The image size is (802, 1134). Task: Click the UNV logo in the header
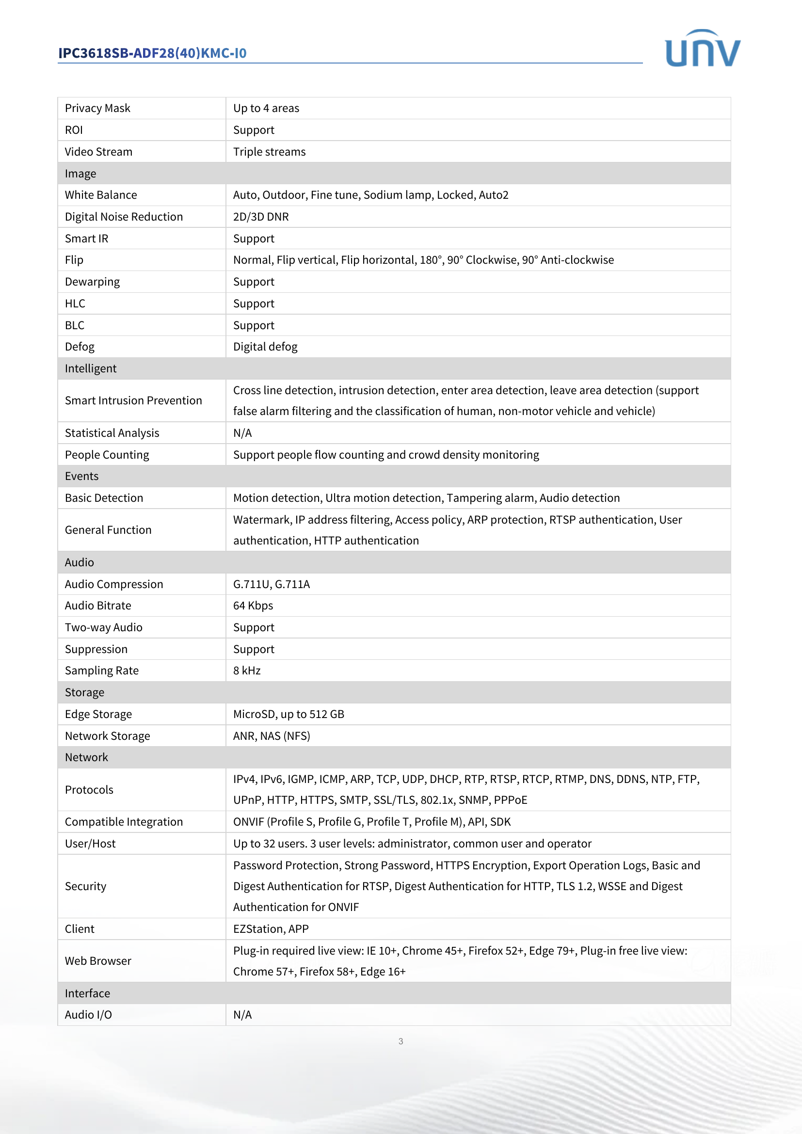702,48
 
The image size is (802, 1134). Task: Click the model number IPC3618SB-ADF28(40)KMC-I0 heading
152,53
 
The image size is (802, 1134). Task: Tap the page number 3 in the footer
401,1041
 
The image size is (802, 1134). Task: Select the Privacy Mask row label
97,108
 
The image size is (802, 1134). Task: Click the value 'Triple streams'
269,152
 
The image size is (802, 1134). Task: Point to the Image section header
80,174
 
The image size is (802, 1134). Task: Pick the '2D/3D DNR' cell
261,217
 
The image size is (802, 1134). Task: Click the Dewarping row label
92,282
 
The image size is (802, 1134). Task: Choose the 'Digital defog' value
265,347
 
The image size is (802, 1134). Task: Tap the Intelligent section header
91,368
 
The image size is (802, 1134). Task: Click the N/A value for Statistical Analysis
242,433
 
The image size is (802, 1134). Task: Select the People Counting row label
107,455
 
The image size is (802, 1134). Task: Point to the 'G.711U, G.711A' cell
271,584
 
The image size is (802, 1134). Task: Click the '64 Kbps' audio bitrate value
253,606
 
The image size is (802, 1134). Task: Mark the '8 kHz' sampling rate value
246,671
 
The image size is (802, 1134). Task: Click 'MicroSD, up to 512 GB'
289,714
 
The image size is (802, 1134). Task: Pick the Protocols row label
89,790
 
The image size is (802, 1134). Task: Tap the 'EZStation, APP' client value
271,929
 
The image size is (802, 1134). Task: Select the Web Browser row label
98,961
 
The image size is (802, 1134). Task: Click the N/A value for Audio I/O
242,1015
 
